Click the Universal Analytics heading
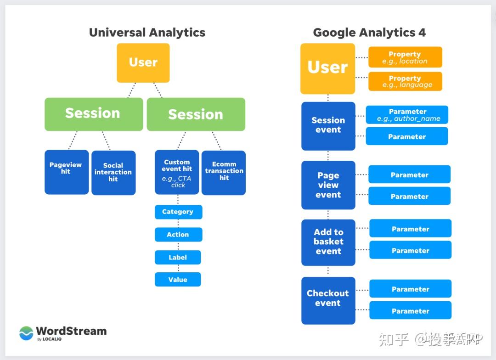(147, 33)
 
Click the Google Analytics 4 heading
(369, 33)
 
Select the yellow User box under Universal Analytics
(143, 63)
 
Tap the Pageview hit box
(66, 172)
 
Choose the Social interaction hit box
(113, 173)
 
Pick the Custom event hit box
(177, 172)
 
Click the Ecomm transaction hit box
(224, 173)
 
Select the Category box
(178, 212)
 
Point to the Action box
(178, 234)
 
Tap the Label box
(178, 257)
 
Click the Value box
(178, 279)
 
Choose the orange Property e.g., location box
(405, 57)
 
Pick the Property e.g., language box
(405, 81)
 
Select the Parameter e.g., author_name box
(407, 115)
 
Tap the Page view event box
(328, 185)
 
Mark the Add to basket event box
(328, 242)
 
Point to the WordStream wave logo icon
(26, 333)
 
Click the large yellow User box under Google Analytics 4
(328, 68)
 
